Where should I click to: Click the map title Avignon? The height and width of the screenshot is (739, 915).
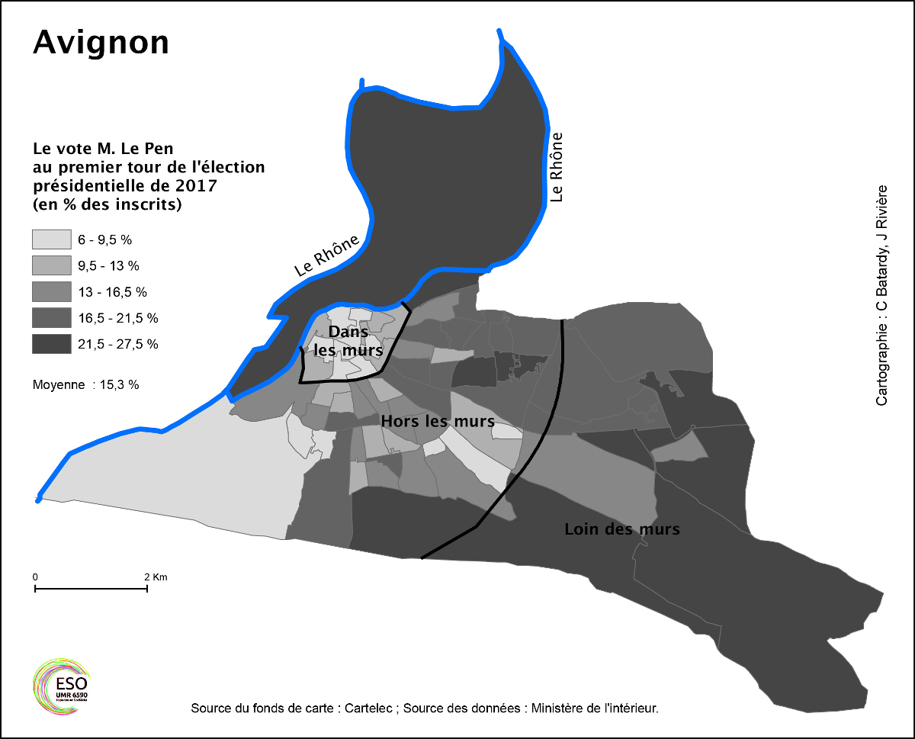click(101, 43)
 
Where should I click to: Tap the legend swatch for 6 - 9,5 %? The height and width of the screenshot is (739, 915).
click(51, 239)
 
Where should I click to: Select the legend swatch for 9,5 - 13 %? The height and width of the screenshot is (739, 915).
click(51, 265)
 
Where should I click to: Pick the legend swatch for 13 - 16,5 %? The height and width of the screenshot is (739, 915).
click(51, 291)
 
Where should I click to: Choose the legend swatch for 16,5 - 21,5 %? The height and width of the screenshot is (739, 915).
click(51, 317)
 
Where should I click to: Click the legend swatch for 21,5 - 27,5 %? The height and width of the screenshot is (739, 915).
click(51, 344)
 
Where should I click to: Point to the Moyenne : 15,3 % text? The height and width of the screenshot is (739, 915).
click(85, 385)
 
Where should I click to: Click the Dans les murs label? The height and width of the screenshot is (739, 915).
click(348, 341)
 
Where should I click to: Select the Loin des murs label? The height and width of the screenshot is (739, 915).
click(621, 529)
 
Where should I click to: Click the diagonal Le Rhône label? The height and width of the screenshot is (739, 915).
click(327, 255)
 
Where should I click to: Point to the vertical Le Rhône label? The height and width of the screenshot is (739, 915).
click(557, 167)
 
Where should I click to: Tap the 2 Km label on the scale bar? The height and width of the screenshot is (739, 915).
click(155, 577)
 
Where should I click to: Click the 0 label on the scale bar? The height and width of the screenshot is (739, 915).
click(35, 577)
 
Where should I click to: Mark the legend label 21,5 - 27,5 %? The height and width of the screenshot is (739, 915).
click(118, 344)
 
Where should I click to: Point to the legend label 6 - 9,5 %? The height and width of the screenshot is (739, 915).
click(105, 239)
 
